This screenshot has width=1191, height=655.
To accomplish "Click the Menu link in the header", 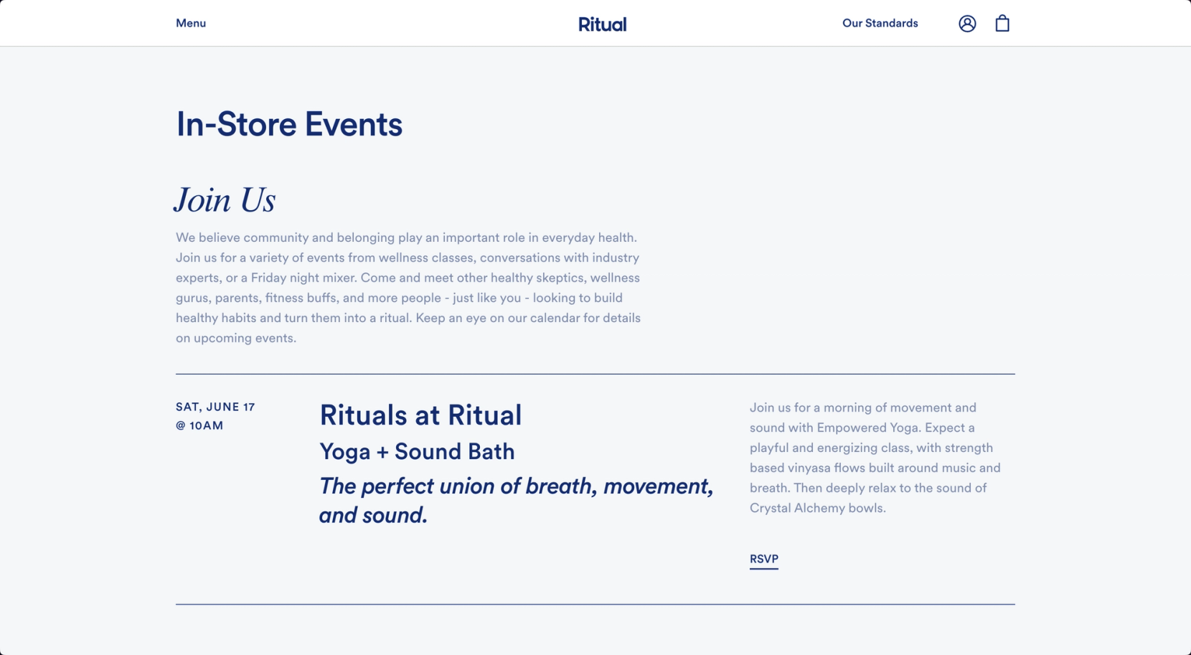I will click(x=191, y=23).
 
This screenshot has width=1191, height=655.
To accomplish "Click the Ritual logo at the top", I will click(x=602, y=24).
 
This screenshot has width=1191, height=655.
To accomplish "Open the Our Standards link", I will click(x=880, y=23).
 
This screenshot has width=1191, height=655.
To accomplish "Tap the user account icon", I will click(x=967, y=24).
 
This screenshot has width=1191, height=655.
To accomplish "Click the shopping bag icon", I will click(x=1002, y=24).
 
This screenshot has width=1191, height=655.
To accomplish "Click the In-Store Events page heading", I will click(x=289, y=124).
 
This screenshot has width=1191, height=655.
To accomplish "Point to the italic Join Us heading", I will click(x=225, y=200).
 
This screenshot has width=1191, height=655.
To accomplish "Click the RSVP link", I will click(x=763, y=559).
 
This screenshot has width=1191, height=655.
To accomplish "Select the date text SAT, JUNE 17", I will click(x=215, y=407).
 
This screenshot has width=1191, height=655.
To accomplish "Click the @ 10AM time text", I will click(x=199, y=425).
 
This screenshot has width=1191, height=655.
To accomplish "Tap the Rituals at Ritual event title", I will click(x=420, y=415).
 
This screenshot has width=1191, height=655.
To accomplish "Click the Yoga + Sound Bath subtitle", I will click(x=417, y=451).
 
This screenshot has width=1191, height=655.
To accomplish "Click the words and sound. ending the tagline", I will click(x=373, y=515).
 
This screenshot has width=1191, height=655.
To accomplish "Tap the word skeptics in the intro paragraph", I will click(x=558, y=278).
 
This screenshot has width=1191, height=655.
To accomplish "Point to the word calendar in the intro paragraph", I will click(x=554, y=318).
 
